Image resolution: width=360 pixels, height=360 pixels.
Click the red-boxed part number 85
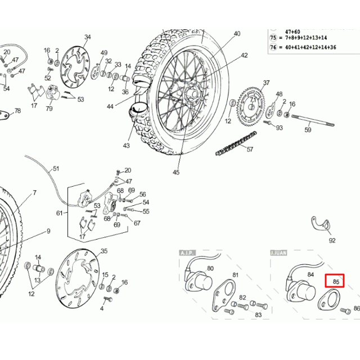(336, 281)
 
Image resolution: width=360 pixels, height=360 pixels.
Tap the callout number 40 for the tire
(237, 34)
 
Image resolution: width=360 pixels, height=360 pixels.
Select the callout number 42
(244, 55)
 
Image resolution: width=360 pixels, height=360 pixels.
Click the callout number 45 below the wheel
(176, 172)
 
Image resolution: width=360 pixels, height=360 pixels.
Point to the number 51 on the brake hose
(56, 168)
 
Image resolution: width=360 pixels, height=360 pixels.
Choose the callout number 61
(60, 213)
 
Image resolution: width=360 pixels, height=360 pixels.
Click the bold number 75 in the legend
(274, 37)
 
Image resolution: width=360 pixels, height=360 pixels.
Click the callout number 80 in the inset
(210, 268)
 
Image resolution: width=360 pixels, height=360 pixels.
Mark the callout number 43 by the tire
(126, 146)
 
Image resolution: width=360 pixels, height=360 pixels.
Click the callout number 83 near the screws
(258, 314)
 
